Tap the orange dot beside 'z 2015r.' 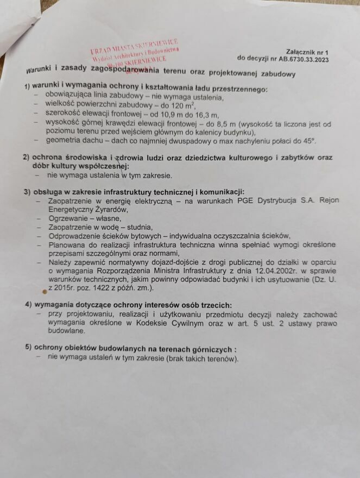pyautogui.click(x=45, y=291)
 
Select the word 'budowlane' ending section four pyautogui.click(x=67, y=330)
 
